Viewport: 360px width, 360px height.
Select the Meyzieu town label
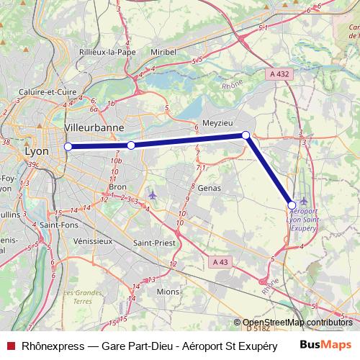click(217, 123)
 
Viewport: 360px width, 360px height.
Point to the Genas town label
click(207, 188)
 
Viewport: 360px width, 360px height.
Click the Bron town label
click(117, 186)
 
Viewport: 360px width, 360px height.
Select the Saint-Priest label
click(155, 243)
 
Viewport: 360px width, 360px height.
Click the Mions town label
click(168, 291)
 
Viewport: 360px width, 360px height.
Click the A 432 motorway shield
click(282, 73)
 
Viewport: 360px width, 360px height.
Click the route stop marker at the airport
click(292, 205)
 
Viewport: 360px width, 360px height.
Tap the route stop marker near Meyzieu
click(246, 135)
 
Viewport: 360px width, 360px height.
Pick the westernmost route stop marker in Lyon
click(68, 147)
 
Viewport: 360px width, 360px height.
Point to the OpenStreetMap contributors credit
click(297, 323)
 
